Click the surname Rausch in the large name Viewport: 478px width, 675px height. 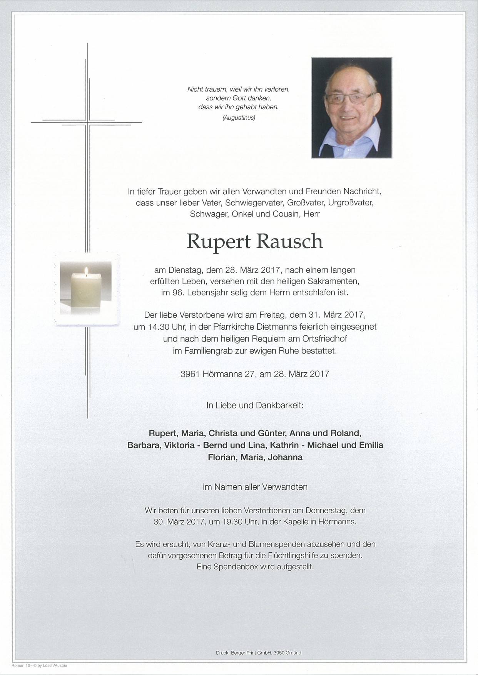(289, 241)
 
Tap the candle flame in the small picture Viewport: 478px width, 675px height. (87, 273)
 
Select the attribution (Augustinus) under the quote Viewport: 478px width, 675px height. (239, 118)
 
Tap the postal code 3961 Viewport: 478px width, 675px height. (189, 373)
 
